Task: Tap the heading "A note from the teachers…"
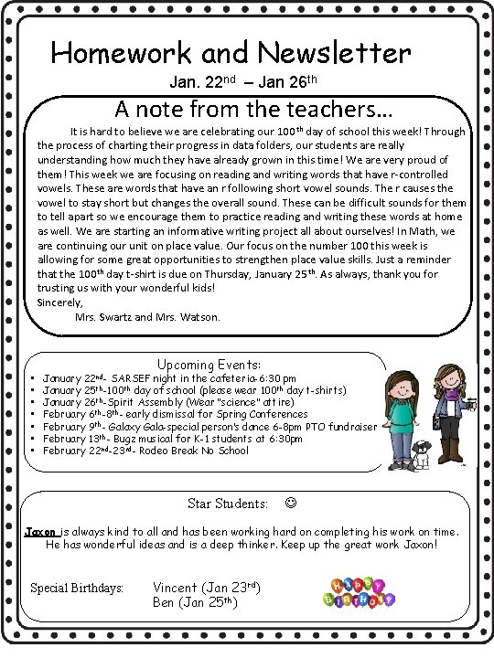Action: click(253, 110)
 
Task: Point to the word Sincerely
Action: click(59, 302)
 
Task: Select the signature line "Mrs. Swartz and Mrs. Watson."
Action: click(146, 317)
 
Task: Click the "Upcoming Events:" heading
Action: click(209, 364)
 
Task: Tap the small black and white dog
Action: click(421, 454)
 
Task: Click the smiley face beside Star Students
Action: click(290, 503)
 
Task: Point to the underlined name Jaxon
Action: click(40, 530)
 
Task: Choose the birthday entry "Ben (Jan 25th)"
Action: click(195, 602)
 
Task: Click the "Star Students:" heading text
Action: click(228, 503)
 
